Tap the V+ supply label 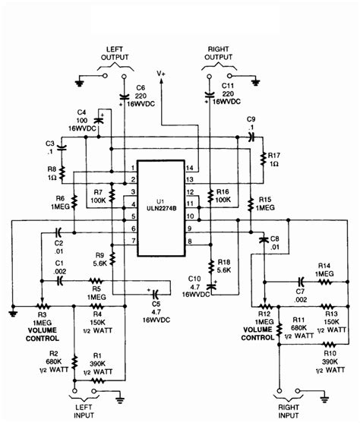point(161,74)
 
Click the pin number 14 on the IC point(190,167)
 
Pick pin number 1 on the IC point(132,167)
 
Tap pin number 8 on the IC point(190,241)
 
